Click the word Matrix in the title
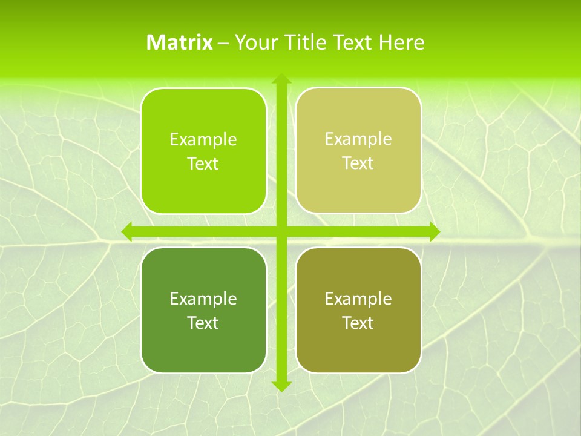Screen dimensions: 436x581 click(180, 42)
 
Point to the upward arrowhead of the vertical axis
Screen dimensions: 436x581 click(281, 79)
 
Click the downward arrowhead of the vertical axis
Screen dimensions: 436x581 click(281, 386)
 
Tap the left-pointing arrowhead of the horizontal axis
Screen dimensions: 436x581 click(127, 231)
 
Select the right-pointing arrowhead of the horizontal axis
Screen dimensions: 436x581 click(434, 231)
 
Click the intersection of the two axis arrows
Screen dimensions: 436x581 click(281, 231)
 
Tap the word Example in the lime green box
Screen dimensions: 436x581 click(203, 140)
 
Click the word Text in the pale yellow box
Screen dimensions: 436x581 click(358, 163)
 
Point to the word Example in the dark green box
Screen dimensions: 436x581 click(203, 299)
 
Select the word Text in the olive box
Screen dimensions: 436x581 click(358, 323)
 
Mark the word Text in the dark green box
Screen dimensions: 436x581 click(203, 323)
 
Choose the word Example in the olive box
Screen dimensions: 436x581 click(358, 299)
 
